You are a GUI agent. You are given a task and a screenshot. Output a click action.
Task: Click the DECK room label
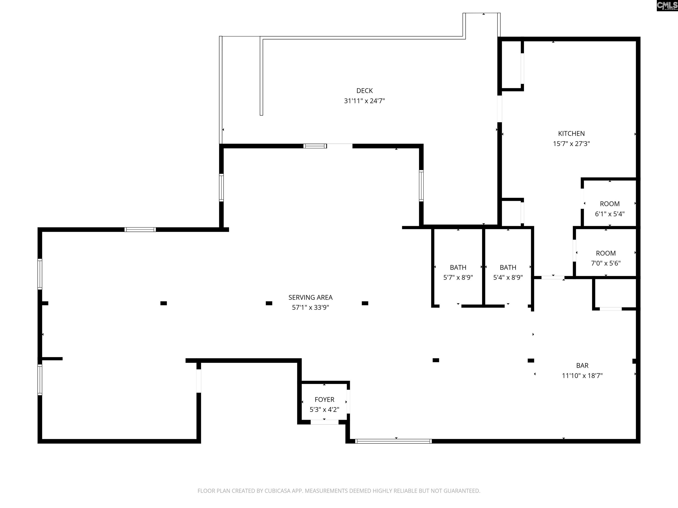pyautogui.click(x=364, y=91)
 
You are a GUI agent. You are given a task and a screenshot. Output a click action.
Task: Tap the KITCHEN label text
pyautogui.click(x=571, y=134)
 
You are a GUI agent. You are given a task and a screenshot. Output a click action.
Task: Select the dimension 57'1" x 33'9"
pyautogui.click(x=311, y=307)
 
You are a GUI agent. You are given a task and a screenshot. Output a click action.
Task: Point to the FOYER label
pyautogui.click(x=324, y=400)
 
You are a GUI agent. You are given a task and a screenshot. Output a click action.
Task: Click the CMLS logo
pyautogui.click(x=667, y=6)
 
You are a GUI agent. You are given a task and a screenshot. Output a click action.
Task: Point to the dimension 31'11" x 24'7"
pyautogui.click(x=364, y=101)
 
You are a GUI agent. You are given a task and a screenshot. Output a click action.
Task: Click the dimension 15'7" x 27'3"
pyautogui.click(x=571, y=144)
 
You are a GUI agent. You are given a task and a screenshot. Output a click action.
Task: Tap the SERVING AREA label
pyautogui.click(x=311, y=297)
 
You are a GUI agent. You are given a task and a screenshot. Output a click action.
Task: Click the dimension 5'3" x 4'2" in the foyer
pyautogui.click(x=324, y=410)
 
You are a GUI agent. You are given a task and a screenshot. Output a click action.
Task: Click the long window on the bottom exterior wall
pyautogui.click(x=394, y=441)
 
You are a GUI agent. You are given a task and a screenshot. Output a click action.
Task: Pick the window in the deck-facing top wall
pyautogui.click(x=315, y=146)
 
